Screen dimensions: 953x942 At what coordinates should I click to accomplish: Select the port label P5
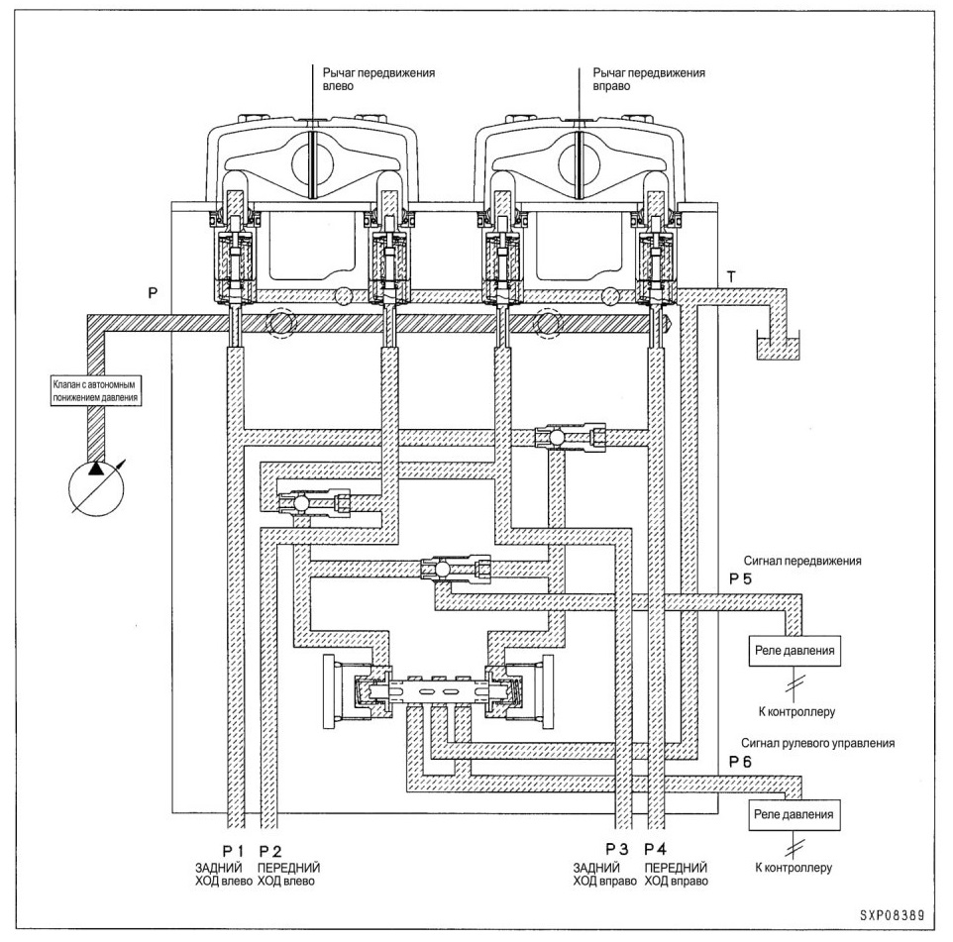[740, 578]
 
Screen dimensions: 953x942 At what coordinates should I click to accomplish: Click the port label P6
[740, 762]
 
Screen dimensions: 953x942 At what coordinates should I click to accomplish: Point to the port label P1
[233, 852]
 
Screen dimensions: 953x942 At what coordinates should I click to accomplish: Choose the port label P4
[656, 849]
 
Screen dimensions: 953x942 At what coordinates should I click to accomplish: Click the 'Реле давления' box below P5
[794, 651]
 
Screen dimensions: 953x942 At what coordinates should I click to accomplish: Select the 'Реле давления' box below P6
[794, 815]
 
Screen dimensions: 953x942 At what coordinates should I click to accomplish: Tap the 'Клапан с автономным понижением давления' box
[95, 391]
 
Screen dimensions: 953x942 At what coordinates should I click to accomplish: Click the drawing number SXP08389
[892, 915]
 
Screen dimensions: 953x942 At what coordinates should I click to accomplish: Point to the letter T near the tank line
[731, 277]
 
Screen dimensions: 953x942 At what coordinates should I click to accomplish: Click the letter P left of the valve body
[154, 293]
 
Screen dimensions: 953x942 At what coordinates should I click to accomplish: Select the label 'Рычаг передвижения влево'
[378, 79]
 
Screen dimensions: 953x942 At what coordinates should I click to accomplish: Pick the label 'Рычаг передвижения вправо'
[649, 79]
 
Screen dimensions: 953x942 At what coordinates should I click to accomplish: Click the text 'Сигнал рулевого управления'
[817, 743]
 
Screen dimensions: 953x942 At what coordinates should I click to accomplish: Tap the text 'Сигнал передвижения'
[802, 561]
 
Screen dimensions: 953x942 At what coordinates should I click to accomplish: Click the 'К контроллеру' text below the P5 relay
[796, 711]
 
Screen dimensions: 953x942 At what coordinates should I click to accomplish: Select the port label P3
[617, 849]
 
